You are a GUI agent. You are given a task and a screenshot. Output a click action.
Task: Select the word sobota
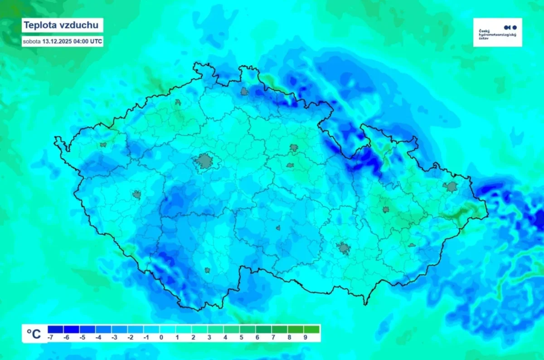tap(32, 41)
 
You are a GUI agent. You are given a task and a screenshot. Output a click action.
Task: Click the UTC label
tap(97, 41)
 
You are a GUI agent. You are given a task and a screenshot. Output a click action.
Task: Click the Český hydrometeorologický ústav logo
tap(497, 32)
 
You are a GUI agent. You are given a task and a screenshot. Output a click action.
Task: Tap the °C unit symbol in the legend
tap(34, 334)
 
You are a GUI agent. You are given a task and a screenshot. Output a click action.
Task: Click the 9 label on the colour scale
tap(306, 337)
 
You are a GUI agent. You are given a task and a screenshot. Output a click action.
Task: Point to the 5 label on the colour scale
tap(241, 337)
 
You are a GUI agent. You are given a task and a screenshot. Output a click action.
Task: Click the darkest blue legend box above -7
tap(55, 329)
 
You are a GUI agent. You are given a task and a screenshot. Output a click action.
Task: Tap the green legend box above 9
tap(311, 329)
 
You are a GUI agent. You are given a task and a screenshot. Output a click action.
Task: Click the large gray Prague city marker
tap(205, 161)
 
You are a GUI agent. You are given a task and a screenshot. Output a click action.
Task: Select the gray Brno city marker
tap(343, 248)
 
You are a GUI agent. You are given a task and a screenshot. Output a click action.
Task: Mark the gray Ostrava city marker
tap(452, 186)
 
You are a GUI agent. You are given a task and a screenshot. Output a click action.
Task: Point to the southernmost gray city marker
tap(207, 270)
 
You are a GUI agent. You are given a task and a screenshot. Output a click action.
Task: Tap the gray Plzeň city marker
tap(137, 195)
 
